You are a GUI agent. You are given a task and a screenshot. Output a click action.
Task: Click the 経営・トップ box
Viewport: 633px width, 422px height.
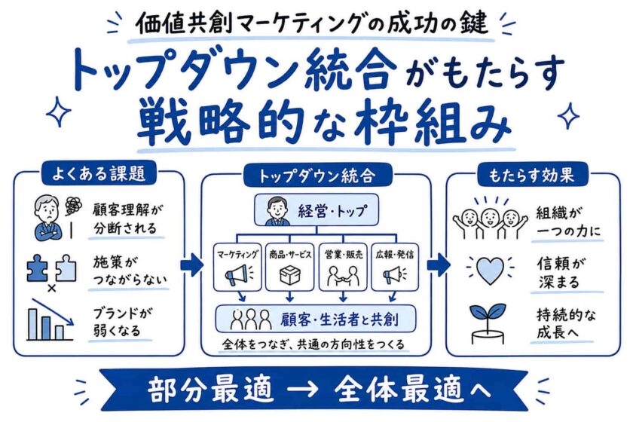316,209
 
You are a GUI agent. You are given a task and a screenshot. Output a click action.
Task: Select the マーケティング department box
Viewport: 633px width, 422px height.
237,267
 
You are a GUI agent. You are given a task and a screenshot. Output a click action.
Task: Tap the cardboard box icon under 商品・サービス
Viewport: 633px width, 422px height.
290,274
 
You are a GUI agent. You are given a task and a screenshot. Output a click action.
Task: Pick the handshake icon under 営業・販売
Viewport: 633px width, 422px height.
343,275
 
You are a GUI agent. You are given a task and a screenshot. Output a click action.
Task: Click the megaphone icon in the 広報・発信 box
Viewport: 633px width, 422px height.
393,275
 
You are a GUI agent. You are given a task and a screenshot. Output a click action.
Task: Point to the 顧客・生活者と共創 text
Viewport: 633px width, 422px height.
340,320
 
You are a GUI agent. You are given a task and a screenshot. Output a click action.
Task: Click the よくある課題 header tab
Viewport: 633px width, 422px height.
99,173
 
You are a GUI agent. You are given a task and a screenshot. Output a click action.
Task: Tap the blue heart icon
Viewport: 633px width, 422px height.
490,269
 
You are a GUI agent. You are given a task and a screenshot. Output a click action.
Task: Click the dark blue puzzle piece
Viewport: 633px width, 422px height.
38,268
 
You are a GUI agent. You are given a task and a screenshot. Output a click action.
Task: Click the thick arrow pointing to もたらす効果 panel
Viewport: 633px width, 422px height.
438,265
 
